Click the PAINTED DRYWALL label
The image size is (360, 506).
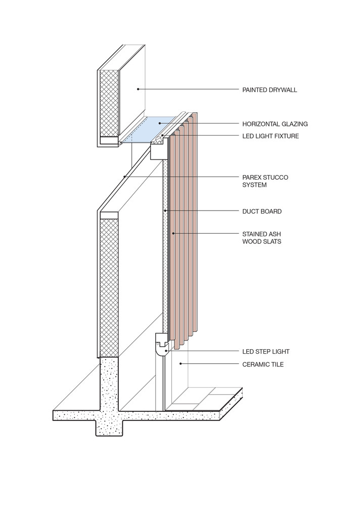tap(269, 90)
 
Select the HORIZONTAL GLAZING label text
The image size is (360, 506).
tap(275, 124)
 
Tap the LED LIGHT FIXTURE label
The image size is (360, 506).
tap(271, 136)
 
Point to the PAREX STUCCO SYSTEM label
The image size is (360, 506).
tap(265, 181)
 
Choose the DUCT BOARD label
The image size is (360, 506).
tap(262, 212)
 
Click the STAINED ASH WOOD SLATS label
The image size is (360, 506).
tap(261, 238)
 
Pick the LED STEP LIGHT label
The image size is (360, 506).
tap(266, 352)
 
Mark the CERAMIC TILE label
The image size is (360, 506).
tap(263, 364)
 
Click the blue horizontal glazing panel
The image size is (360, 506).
tap(150, 130)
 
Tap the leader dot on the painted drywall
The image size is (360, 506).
tap(138, 89)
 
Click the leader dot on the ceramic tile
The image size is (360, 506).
tap(181, 364)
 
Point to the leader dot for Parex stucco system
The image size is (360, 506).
tap(124, 177)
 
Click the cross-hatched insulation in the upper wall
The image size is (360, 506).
tap(109, 103)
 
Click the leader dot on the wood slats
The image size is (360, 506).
tap(173, 233)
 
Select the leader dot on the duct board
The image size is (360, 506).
tap(165, 210)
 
